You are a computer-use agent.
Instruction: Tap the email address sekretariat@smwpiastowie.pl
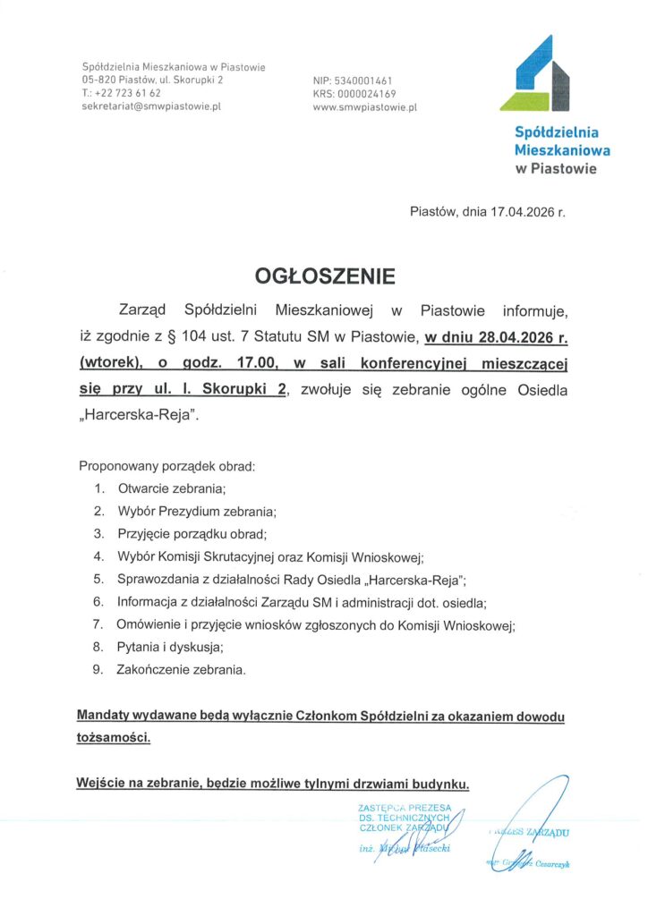(x=151, y=106)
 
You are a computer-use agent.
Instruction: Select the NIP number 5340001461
(x=367, y=81)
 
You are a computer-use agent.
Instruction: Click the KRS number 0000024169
(x=372, y=94)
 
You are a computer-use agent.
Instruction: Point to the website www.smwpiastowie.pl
(x=365, y=107)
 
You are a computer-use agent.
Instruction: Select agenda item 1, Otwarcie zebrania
(x=170, y=488)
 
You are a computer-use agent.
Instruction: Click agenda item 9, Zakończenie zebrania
(x=181, y=668)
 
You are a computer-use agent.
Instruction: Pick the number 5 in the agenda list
(x=98, y=579)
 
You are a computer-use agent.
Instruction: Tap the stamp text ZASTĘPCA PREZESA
(x=405, y=809)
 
